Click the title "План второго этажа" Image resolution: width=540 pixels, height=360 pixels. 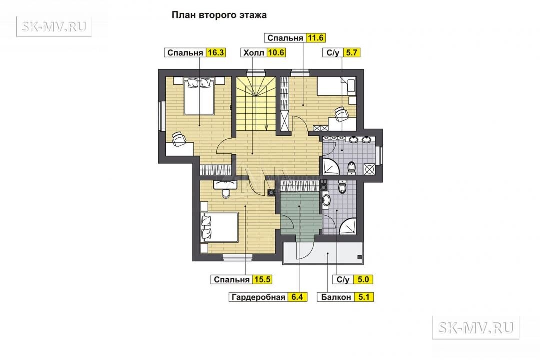[x=219, y=15]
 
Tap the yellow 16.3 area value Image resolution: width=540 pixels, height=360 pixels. [x=216, y=52]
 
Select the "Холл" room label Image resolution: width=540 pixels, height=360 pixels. [x=254, y=52]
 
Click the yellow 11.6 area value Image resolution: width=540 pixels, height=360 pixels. [x=316, y=38]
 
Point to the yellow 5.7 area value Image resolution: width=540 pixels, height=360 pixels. [x=351, y=52]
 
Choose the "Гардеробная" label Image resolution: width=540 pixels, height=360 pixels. [x=258, y=297]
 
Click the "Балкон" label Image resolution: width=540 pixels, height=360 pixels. [x=336, y=297]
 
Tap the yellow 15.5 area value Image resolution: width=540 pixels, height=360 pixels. [x=262, y=279]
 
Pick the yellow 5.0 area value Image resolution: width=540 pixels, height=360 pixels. [x=363, y=279]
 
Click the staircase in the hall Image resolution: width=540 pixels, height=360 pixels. [x=256, y=103]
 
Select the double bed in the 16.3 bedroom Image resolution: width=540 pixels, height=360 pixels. [x=199, y=96]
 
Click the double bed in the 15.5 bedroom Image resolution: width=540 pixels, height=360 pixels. [x=219, y=227]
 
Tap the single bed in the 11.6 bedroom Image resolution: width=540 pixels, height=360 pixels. [x=336, y=86]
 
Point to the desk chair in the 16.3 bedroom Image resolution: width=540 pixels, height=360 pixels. [x=179, y=139]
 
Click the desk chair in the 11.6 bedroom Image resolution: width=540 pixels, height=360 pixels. [x=341, y=114]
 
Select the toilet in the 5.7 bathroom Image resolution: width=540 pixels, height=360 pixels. [x=351, y=168]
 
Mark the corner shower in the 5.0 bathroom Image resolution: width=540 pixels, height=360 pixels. [x=348, y=226]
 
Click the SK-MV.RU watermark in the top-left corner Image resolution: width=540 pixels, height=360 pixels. [x=54, y=26]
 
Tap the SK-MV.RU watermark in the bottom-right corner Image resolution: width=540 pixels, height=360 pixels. [x=475, y=327]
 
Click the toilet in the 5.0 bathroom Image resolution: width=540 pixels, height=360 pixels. [x=342, y=187]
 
